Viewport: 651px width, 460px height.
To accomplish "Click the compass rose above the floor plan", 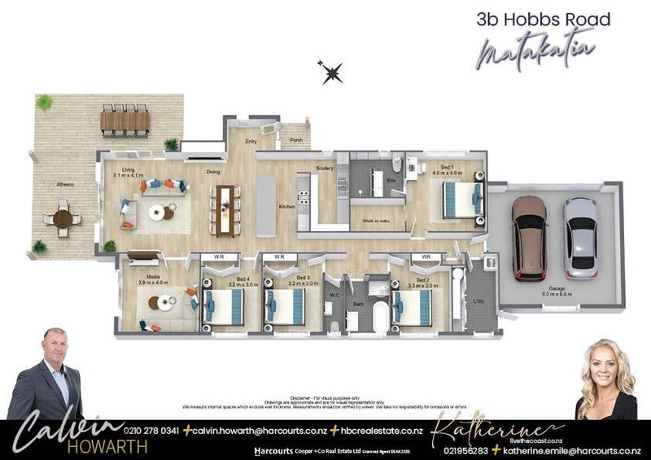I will pos(331,73).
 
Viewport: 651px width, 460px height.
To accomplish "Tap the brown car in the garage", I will pos(529,235).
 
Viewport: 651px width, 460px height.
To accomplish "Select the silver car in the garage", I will pos(580,236).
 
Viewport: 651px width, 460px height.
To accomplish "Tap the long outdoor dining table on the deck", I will pos(125,121).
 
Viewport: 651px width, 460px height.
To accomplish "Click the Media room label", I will pos(154,279).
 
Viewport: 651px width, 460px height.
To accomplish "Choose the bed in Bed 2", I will pos(413,307).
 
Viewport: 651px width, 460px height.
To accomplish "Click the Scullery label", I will pos(325,169).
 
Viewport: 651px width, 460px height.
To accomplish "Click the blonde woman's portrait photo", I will pos(605,380).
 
